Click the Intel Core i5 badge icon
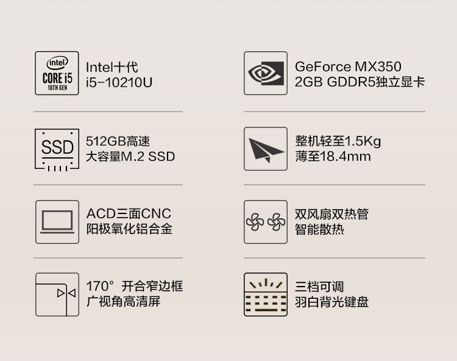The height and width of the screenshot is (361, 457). (x=57, y=73)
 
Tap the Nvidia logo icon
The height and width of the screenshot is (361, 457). (x=265, y=73)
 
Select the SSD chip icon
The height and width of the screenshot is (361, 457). (x=57, y=149)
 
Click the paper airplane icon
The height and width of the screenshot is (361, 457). (x=265, y=149)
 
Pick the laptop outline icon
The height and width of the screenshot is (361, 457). (x=57, y=222)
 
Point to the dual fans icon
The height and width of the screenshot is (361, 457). (x=265, y=222)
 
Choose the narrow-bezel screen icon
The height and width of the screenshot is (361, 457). (x=57, y=295)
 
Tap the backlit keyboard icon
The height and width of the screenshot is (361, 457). (x=265, y=295)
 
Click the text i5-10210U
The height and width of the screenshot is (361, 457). (x=119, y=82)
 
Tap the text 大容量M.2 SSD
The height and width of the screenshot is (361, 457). (x=130, y=157)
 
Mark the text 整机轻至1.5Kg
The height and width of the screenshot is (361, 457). (x=338, y=141)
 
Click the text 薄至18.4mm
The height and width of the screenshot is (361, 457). (x=333, y=157)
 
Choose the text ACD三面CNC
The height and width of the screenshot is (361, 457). (x=129, y=214)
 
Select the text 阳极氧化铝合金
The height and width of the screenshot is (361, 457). (x=129, y=229)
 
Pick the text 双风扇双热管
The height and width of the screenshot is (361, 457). (x=331, y=214)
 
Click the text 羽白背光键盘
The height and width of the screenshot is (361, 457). (x=331, y=302)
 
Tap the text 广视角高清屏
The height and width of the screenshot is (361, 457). (x=123, y=302)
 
